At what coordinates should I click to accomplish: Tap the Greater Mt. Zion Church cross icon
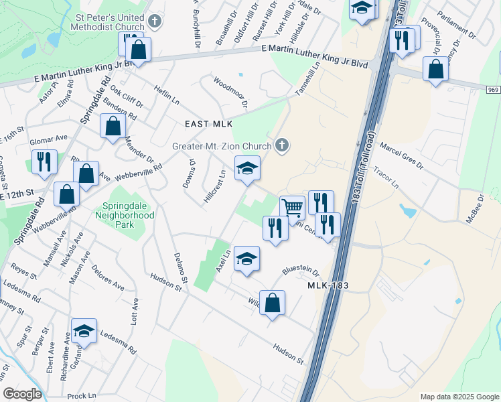click(x=282, y=145)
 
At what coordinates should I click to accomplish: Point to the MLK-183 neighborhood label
click(x=328, y=286)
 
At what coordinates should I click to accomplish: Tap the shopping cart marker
click(x=292, y=208)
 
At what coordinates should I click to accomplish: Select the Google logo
click(x=22, y=394)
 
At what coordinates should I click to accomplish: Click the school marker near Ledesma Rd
click(x=84, y=331)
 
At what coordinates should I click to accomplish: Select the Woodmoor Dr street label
click(x=230, y=93)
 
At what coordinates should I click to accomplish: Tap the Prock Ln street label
click(x=82, y=395)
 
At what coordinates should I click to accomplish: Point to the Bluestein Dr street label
click(x=301, y=270)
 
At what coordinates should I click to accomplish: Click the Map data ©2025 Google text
click(x=459, y=397)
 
